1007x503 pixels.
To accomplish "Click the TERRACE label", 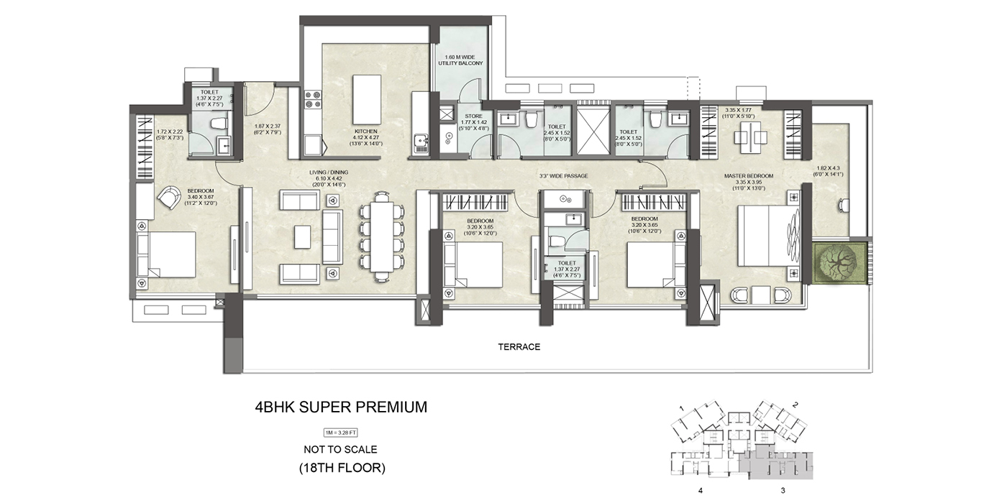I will (519, 347).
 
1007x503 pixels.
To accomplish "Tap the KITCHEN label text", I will (365, 131).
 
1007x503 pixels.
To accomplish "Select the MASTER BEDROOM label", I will (749, 176).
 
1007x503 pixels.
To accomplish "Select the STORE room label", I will (473, 116).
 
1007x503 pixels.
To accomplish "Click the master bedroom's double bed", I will (767, 235).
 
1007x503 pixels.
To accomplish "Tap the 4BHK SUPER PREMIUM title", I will (341, 407).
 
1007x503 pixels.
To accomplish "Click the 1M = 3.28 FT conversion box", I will (340, 432).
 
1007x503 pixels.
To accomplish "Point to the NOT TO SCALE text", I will (340, 450).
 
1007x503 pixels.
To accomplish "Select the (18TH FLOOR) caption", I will (341, 468).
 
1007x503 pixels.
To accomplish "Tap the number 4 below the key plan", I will (699, 491).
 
